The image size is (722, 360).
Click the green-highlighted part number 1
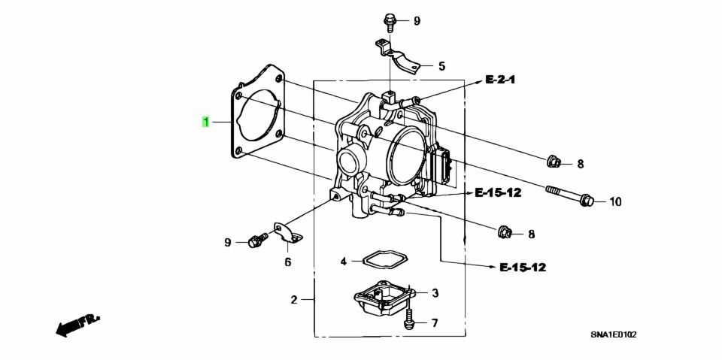pyautogui.click(x=205, y=121)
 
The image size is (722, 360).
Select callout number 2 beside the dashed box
pyautogui.click(x=295, y=300)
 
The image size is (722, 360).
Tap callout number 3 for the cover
pyautogui.click(x=435, y=292)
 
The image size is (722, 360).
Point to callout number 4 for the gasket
pyautogui.click(x=343, y=262)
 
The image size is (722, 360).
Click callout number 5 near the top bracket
pyautogui.click(x=441, y=66)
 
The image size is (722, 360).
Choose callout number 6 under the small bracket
pyautogui.click(x=287, y=262)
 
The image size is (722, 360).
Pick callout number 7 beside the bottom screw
pyautogui.click(x=434, y=322)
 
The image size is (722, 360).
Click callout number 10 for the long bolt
pyautogui.click(x=615, y=201)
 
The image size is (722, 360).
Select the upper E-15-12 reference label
pyautogui.click(x=497, y=193)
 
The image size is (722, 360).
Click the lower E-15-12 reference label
pyautogui.click(x=521, y=267)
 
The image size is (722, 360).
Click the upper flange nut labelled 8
pyautogui.click(x=552, y=161)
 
